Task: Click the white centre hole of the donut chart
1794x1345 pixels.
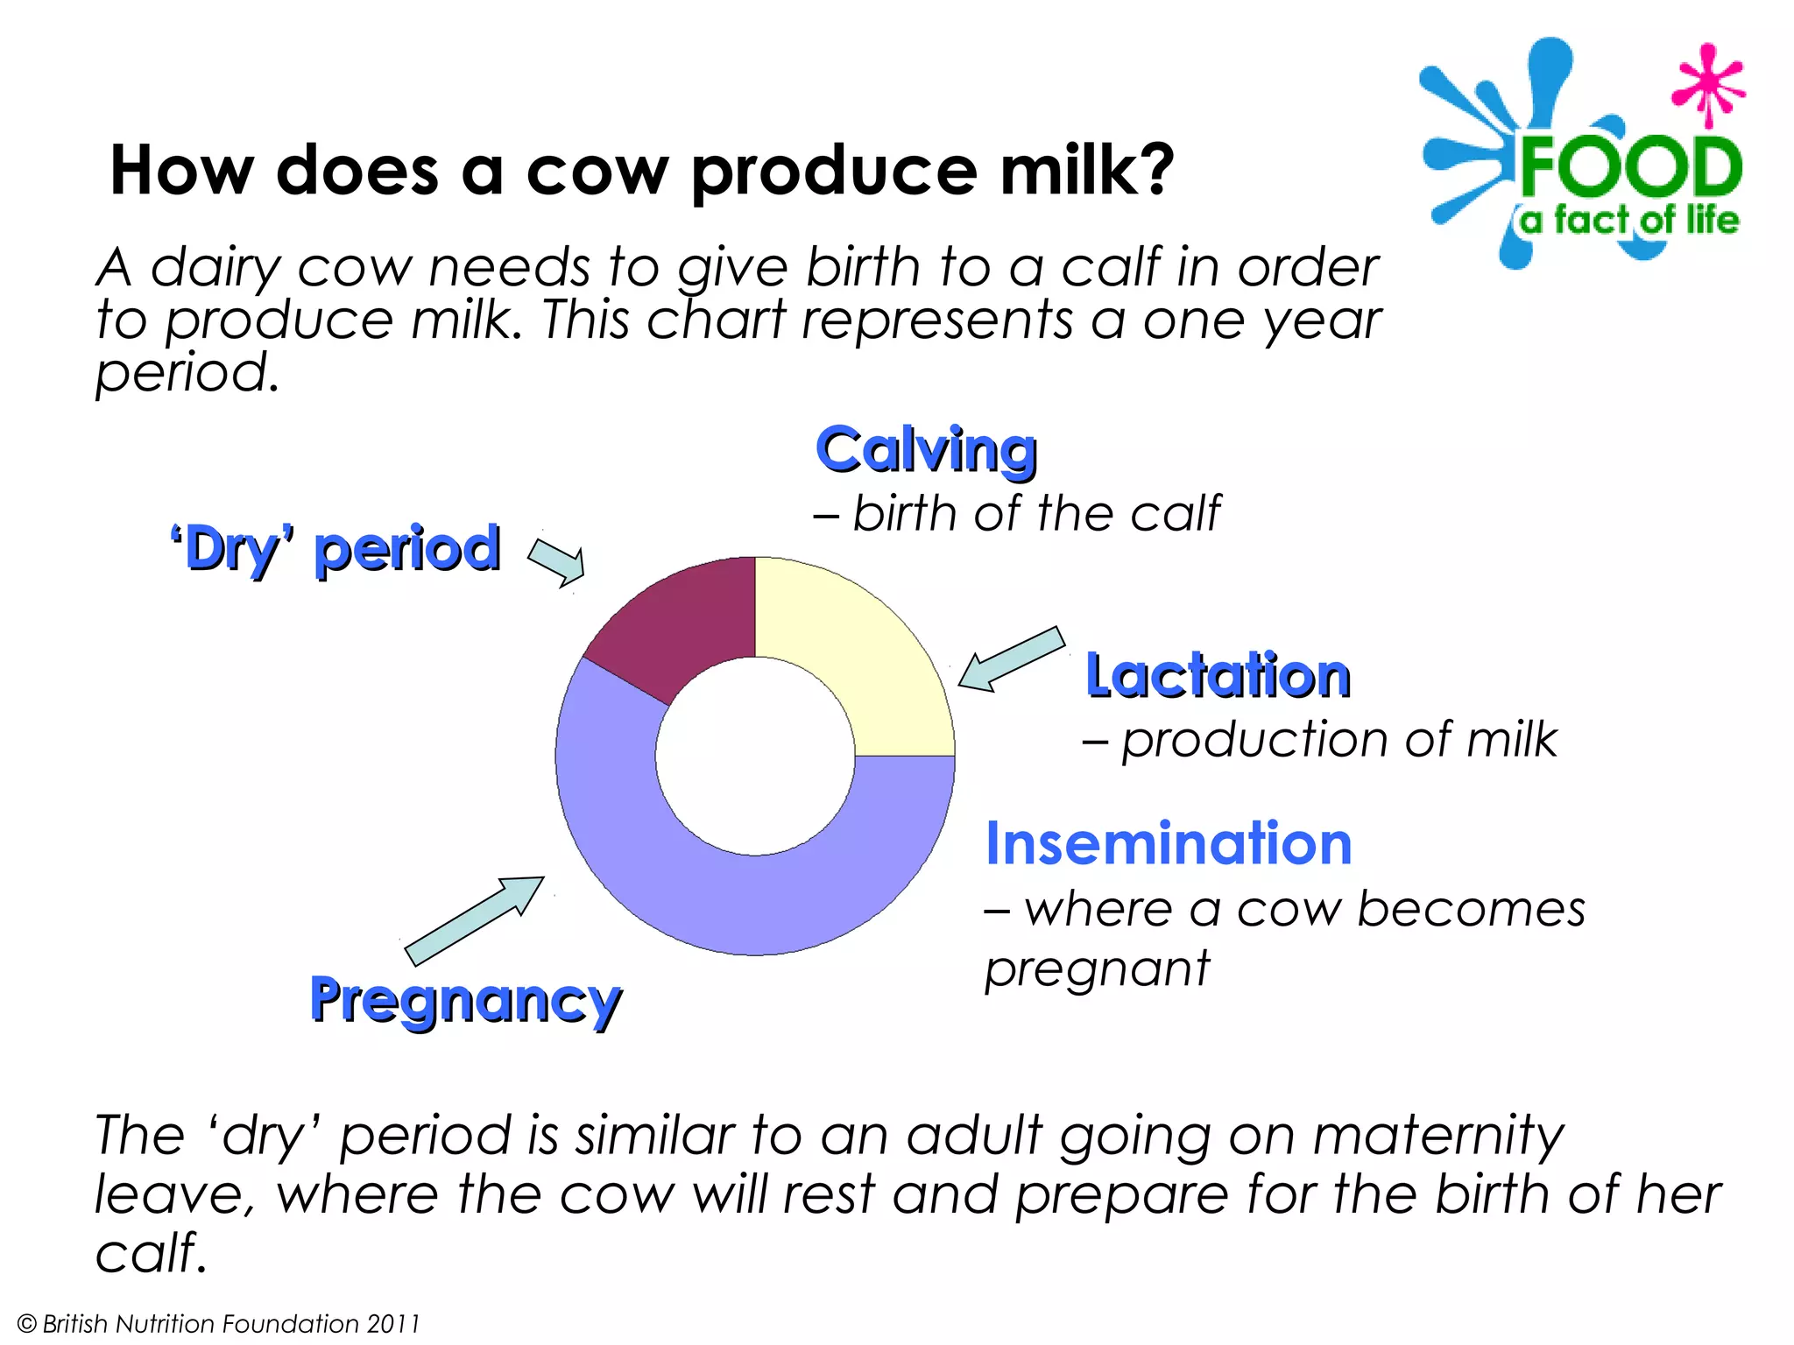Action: pos(755,756)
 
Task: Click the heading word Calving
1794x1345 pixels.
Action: pos(926,451)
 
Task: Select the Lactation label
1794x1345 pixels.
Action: pos(1218,676)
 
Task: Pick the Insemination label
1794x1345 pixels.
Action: pos(1169,843)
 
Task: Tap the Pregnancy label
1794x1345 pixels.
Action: pos(465,1000)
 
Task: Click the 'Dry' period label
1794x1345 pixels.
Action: pos(335,550)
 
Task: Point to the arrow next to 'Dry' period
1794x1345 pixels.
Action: pos(557,561)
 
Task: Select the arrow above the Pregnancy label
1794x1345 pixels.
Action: pos(474,920)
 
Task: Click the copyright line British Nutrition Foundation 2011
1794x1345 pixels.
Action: pos(219,1323)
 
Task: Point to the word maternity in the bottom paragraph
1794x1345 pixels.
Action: pos(1437,1136)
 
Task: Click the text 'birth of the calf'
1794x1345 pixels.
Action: pos(1035,513)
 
